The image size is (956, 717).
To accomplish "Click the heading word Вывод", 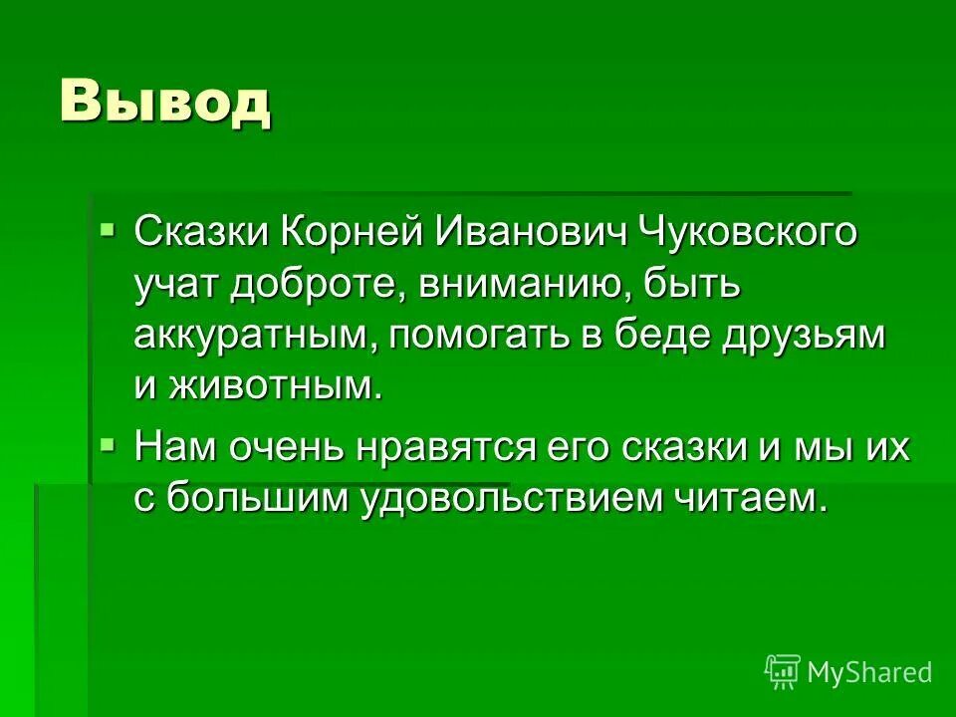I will [165, 102].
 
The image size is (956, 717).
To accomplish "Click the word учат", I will [178, 286].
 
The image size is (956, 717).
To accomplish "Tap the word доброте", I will [317, 286].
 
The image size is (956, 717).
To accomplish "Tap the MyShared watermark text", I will [869, 672].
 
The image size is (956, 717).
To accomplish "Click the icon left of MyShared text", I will [783, 671].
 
